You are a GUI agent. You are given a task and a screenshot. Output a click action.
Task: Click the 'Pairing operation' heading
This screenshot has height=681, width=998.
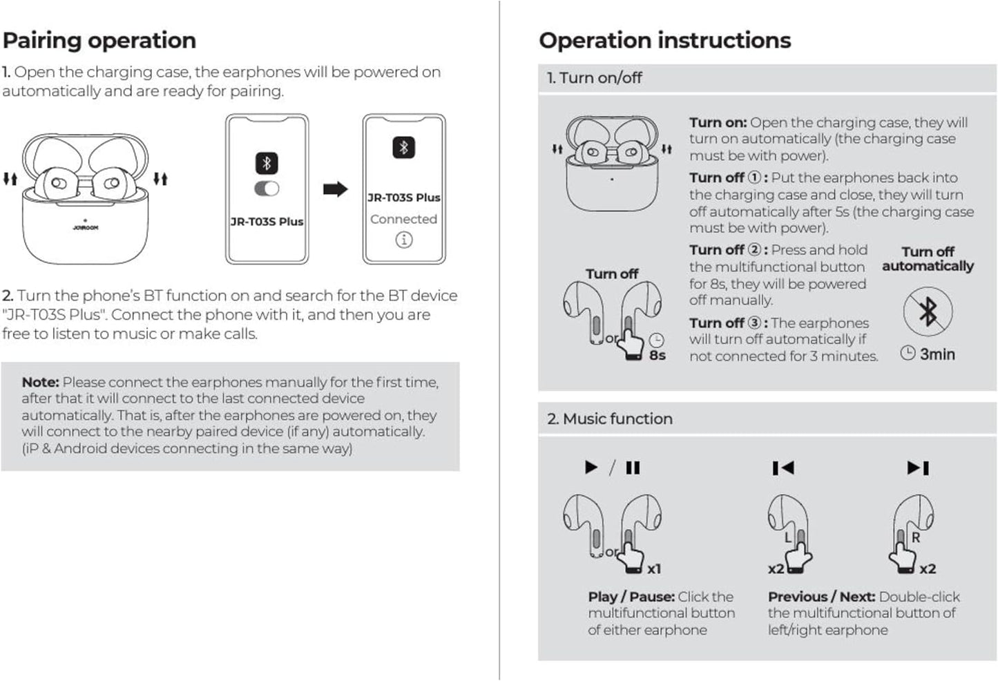point(99,41)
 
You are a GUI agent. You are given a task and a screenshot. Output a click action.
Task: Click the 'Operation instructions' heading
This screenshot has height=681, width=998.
point(664,41)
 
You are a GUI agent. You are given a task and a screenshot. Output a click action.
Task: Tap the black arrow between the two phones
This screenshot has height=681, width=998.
point(336,189)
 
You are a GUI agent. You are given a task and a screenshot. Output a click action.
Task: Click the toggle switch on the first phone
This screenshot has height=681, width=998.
point(267,189)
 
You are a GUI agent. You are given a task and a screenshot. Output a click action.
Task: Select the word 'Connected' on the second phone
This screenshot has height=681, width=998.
point(403,219)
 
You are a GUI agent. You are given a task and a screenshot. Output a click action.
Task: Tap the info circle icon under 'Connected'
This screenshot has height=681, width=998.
point(404,240)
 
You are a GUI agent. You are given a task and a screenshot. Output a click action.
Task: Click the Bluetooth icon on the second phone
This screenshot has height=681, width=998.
point(404,148)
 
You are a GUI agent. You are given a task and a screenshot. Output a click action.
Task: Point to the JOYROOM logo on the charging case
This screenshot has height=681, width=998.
point(85,227)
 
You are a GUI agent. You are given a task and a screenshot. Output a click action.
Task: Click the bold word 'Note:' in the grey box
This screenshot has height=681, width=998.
point(40,382)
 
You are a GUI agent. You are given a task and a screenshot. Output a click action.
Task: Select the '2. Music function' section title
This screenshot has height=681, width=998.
point(609,419)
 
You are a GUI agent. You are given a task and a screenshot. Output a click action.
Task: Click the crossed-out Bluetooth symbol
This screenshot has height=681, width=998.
point(928,311)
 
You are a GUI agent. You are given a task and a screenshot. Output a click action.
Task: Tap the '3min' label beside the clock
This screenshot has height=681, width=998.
point(937,354)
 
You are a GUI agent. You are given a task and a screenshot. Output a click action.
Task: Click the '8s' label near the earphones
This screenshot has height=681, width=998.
point(657,355)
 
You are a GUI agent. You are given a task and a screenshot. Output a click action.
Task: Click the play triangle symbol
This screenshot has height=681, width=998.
point(591,468)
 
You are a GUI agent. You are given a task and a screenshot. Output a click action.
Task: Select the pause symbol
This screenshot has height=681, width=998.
point(633,468)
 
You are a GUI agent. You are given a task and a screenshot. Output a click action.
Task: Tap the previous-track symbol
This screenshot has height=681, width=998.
point(783,468)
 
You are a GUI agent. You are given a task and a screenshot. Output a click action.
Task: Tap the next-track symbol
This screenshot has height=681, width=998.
point(918,468)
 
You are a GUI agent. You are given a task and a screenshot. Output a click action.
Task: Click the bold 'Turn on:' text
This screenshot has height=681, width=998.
point(718,122)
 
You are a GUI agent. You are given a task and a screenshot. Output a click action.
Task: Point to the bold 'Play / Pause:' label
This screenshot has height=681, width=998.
point(631,597)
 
